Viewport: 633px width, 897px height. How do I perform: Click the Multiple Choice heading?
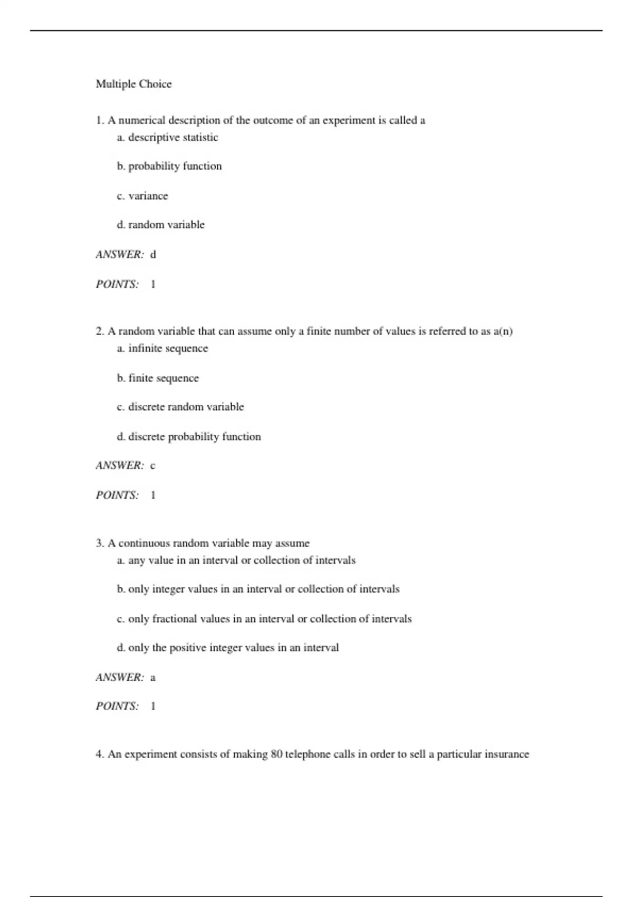coord(133,84)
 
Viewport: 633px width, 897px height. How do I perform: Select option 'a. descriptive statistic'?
coord(167,137)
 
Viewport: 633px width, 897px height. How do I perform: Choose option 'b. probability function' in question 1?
coord(169,166)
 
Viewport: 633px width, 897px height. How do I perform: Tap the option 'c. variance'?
coord(142,196)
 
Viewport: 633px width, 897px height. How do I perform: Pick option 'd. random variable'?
coord(160,225)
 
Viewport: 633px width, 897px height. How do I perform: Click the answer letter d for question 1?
coord(154,254)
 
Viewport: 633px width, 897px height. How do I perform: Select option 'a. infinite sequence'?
coord(162,348)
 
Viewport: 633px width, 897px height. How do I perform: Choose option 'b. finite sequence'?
coord(158,378)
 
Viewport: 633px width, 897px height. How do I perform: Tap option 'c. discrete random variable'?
coord(180,407)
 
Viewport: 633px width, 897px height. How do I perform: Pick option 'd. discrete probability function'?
coord(189,436)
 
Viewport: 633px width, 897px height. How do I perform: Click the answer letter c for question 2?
coord(153,465)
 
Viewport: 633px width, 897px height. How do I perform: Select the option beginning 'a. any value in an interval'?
coord(236,560)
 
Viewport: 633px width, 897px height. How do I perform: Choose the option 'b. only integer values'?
coord(258,589)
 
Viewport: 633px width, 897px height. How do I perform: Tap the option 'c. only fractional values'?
coord(264,618)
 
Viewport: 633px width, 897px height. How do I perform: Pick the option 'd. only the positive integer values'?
coord(228,647)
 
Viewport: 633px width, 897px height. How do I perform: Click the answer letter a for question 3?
coord(153,677)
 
